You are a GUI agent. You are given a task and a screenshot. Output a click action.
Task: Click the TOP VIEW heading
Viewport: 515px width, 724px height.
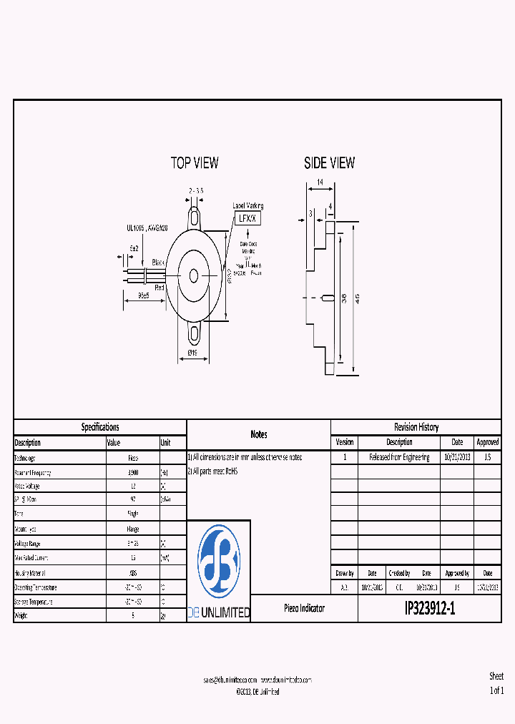[x=195, y=163]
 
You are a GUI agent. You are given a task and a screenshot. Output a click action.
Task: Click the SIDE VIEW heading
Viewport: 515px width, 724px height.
[x=329, y=163]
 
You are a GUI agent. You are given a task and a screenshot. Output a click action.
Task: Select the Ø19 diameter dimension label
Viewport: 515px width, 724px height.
[x=192, y=353]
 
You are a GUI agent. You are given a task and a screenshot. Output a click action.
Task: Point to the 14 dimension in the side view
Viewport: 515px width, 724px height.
[x=319, y=182]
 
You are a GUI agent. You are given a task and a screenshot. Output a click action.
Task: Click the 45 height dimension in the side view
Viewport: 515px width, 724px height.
[x=357, y=298]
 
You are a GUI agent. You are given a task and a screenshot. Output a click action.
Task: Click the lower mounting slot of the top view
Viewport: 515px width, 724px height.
[x=194, y=332]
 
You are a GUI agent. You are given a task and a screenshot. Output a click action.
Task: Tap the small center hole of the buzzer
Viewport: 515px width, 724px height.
[x=194, y=274]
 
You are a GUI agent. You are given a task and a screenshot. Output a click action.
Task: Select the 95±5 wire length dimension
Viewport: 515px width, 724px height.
[x=143, y=294]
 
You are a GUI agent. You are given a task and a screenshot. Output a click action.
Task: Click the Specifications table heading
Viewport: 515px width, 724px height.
[x=100, y=427]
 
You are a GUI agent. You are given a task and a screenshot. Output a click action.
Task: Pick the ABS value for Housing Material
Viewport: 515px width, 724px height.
[x=133, y=572]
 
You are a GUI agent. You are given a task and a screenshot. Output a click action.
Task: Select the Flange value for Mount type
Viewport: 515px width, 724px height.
[x=133, y=529]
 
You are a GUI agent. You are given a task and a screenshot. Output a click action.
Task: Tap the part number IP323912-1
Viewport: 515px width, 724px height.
[x=429, y=609]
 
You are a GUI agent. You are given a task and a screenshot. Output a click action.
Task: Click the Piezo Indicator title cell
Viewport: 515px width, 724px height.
[x=304, y=609]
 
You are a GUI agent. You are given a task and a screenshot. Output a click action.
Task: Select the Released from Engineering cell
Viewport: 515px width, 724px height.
[x=399, y=457]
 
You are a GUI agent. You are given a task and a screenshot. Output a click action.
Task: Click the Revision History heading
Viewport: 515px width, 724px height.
[x=416, y=427]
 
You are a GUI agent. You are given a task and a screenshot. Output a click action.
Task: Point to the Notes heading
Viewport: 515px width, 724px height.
[x=259, y=434]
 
